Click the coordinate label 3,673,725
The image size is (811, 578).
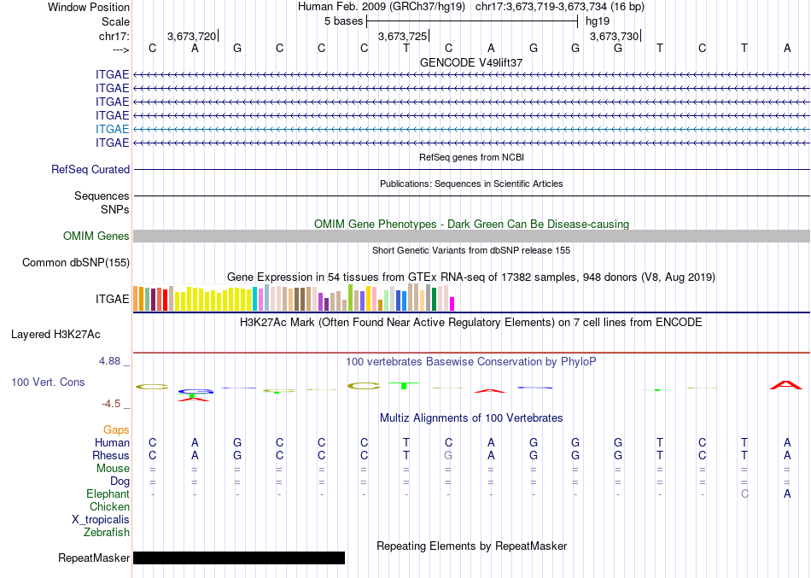402,36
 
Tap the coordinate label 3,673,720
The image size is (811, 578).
191,36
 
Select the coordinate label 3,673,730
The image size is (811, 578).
613,36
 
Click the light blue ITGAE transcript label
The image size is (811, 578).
113,129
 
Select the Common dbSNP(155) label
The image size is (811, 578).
75,263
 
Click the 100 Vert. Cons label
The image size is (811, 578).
49,382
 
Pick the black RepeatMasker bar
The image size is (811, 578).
239,558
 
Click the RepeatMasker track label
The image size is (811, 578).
94,558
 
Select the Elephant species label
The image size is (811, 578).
108,494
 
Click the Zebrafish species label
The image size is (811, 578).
107,533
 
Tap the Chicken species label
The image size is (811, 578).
109,507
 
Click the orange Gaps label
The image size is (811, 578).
116,430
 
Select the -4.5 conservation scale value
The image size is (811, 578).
114,404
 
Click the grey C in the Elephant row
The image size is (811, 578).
744,494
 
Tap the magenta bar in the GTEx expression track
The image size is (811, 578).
452,303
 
